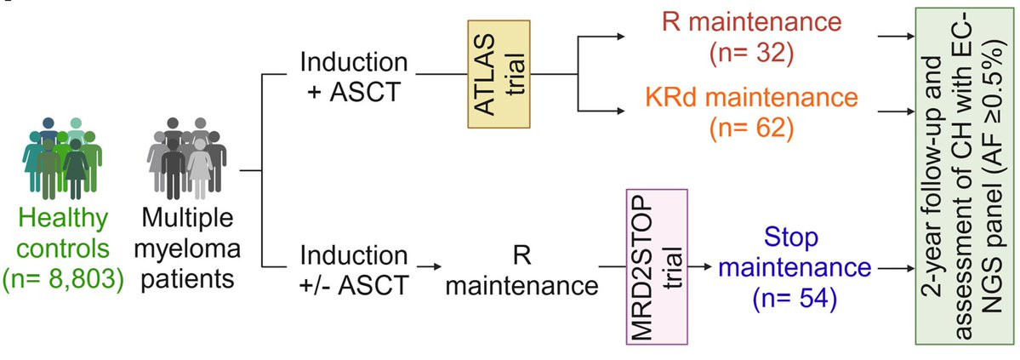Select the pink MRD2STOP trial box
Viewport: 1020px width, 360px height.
tap(656, 266)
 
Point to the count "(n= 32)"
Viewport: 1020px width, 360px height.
tap(738, 54)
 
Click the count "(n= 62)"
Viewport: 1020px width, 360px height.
tap(738, 130)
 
